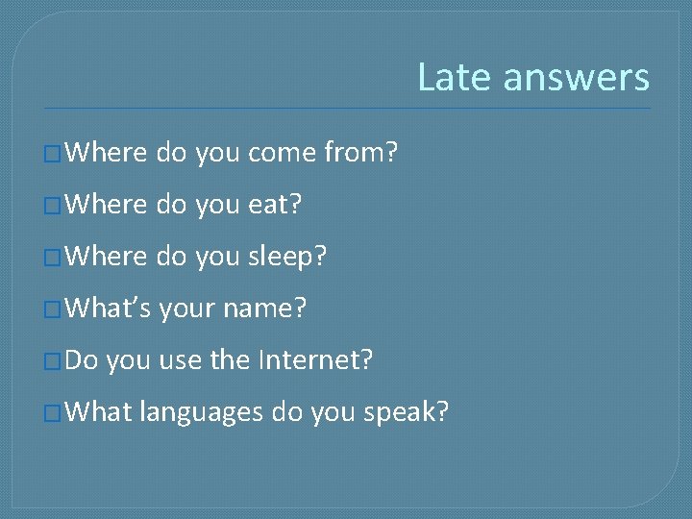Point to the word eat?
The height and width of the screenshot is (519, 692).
[x=276, y=204]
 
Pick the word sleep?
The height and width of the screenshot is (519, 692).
[x=287, y=257]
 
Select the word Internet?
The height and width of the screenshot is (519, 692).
[x=315, y=360]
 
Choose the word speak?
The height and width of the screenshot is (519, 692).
[x=406, y=412]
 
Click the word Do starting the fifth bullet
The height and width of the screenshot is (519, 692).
[x=83, y=360]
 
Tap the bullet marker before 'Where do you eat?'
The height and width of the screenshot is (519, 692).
[x=53, y=205]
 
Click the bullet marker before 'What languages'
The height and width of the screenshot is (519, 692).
[x=53, y=413]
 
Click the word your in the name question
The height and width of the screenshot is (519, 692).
[x=186, y=309]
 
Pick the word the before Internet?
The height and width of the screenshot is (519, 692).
[x=229, y=360]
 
